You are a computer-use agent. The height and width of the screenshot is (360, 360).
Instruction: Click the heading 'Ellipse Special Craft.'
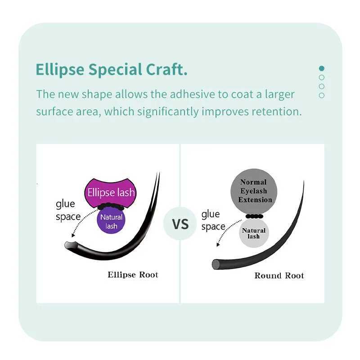pos(111,70)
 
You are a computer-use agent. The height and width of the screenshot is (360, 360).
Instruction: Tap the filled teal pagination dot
pos(321,68)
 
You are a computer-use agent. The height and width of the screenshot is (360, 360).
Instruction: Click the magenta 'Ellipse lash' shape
pos(111,193)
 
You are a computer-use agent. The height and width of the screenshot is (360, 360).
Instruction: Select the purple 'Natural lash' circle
pos(111,221)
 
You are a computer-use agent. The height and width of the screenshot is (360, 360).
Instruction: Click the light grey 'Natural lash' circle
pos(254,233)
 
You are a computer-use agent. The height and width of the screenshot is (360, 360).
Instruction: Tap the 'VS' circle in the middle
pos(180,224)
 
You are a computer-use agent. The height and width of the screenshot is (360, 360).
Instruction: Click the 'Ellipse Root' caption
pos(133,274)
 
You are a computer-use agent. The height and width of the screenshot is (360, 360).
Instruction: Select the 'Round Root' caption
pos(279,275)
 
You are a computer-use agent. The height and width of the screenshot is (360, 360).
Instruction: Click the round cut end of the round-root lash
pos(216,264)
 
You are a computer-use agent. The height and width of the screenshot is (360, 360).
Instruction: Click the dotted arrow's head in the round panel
pos(218,245)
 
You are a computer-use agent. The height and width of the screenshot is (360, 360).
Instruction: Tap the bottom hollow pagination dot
pos(321,95)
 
